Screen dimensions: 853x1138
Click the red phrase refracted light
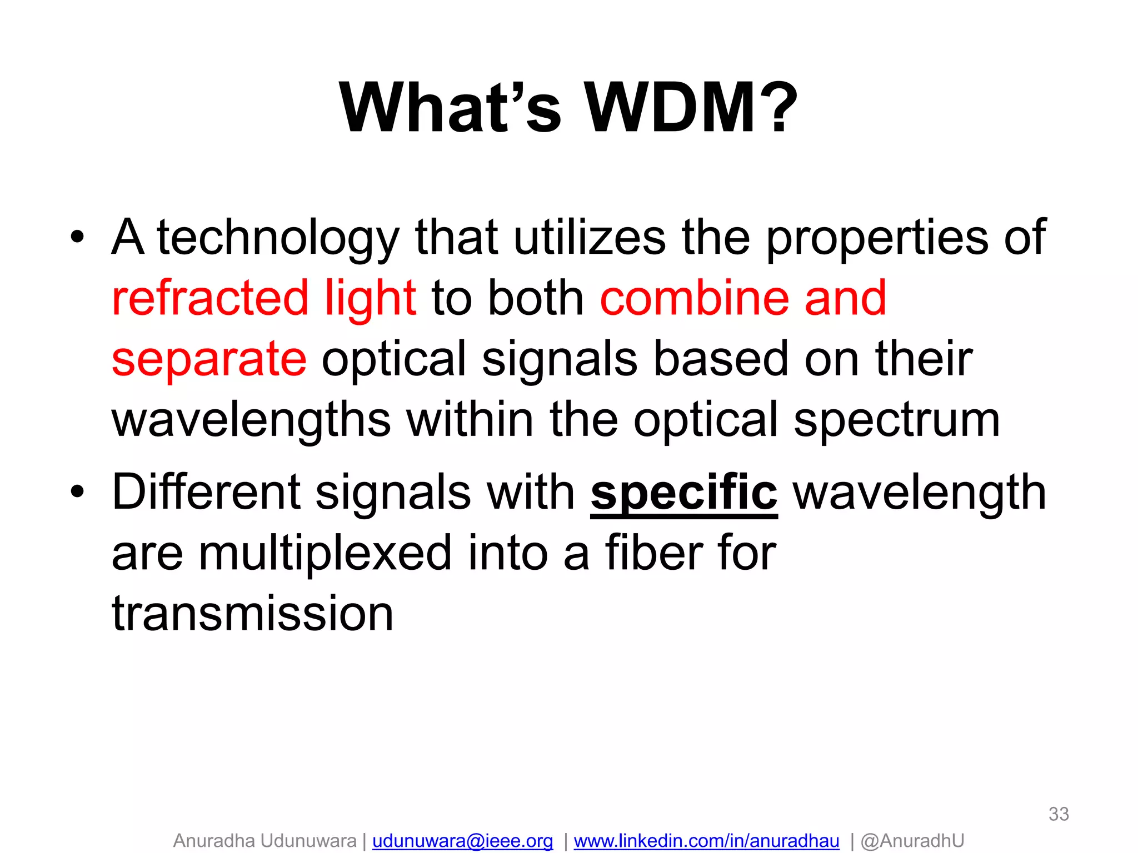264,298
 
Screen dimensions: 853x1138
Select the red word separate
209,359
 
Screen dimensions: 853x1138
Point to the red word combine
695,298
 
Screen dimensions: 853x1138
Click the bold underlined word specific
683,493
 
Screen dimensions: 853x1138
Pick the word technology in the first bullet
278,238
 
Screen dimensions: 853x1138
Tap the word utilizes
589,238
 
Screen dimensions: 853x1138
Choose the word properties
877,238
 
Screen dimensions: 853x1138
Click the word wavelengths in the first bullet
251,420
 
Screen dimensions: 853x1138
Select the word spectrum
897,421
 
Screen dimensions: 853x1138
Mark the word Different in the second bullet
206,493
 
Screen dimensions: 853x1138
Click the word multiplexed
325,553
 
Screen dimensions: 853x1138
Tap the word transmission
253,614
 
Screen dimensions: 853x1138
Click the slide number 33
1059,814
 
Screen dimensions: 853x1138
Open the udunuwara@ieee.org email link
462,841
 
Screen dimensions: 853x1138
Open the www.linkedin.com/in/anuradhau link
706,841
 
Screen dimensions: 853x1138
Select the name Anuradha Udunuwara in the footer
264,841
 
